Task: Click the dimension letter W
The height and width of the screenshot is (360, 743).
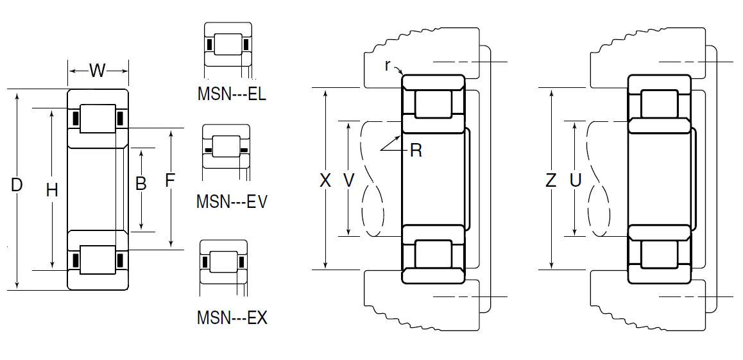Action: pos(97,70)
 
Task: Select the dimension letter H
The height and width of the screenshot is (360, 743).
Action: pos(53,189)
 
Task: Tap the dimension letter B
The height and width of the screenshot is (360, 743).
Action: pos(141,184)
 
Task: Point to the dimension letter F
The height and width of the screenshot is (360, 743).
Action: pos(170,181)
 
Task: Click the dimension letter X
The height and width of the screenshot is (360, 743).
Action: pos(325,181)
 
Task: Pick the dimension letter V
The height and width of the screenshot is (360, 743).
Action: pos(348,181)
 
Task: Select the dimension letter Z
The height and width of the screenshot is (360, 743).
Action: pos(551,181)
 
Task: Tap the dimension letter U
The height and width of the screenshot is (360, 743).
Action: pos(575,181)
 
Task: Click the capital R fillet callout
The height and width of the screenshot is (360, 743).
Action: pos(416,151)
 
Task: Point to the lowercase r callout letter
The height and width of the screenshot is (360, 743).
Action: pos(388,65)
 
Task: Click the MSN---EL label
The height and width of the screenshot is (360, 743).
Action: pos(232,96)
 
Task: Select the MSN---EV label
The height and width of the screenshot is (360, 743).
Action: pos(232,201)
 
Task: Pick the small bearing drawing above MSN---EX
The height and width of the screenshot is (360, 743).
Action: pos(223,261)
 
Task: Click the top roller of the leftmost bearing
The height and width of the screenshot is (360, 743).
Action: pos(98,119)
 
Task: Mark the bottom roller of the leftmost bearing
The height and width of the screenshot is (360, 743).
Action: pos(98,260)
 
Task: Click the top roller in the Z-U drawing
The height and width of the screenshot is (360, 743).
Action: pos(659,104)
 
